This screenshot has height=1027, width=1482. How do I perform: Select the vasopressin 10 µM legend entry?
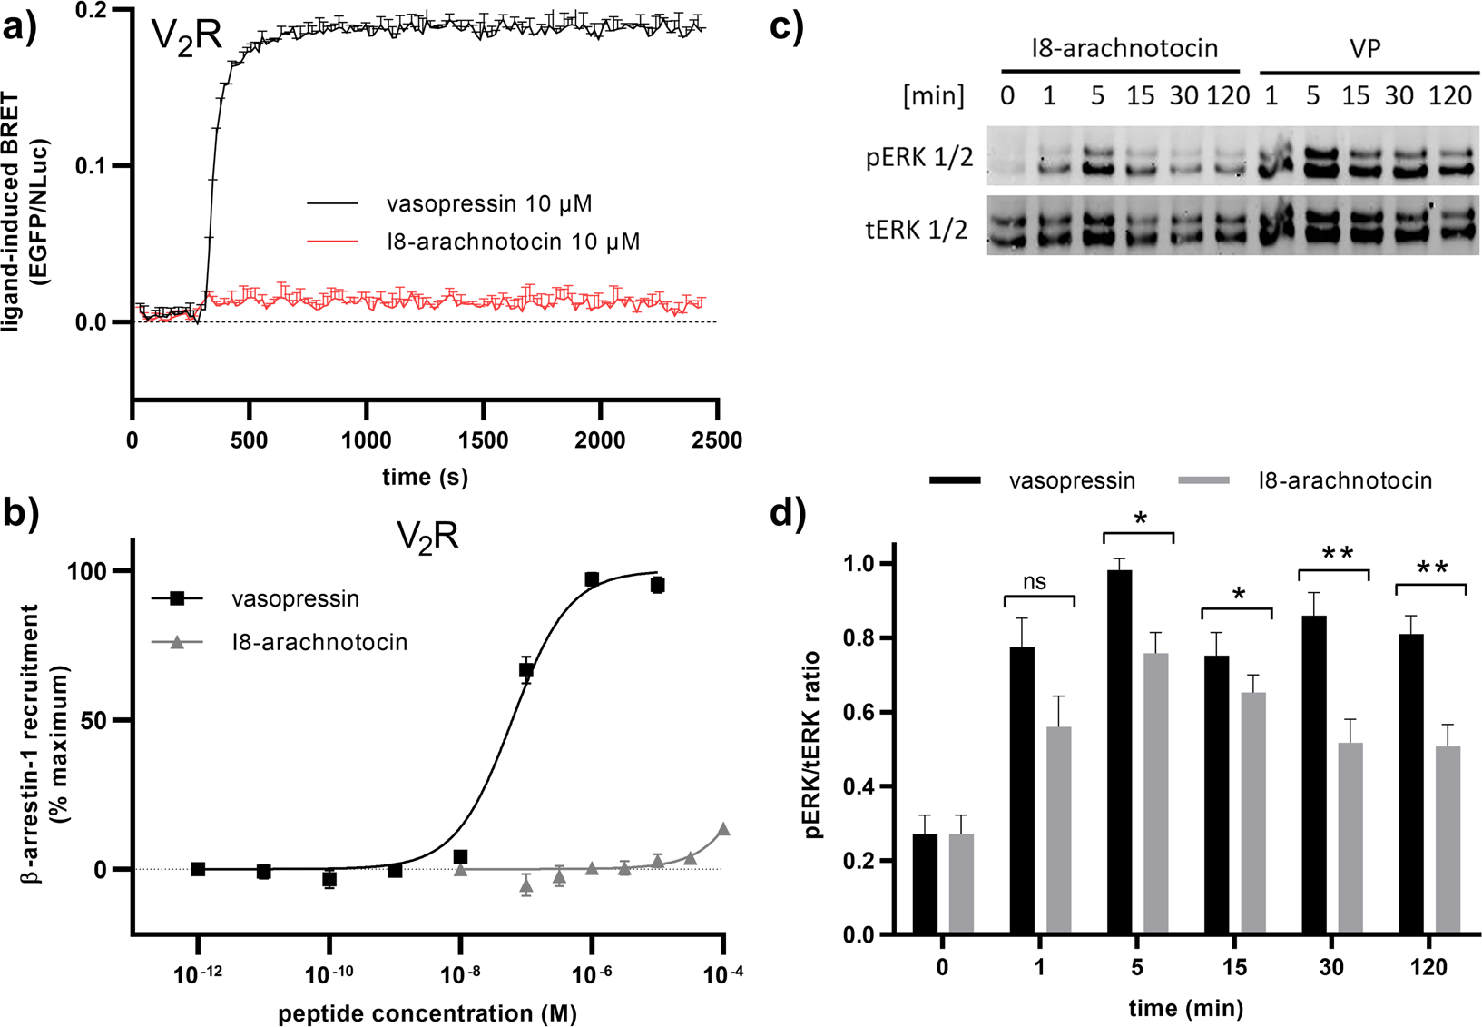coord(488,203)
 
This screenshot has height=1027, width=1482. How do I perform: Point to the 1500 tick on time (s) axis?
coord(482,440)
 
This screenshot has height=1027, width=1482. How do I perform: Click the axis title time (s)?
coord(425,477)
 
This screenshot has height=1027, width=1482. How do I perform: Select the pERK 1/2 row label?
coord(918,158)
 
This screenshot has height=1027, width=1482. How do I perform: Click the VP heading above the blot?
coord(1365,49)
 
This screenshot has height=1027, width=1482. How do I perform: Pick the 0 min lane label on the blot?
coord(1007,96)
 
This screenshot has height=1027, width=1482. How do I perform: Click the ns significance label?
coord(1035,582)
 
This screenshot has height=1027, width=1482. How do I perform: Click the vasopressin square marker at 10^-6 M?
coord(592,579)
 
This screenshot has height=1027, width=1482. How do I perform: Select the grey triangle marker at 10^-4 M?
coord(723,829)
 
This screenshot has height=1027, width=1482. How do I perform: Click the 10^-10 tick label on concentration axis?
coord(329,974)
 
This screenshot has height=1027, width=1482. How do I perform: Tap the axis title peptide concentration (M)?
coord(427,1012)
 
